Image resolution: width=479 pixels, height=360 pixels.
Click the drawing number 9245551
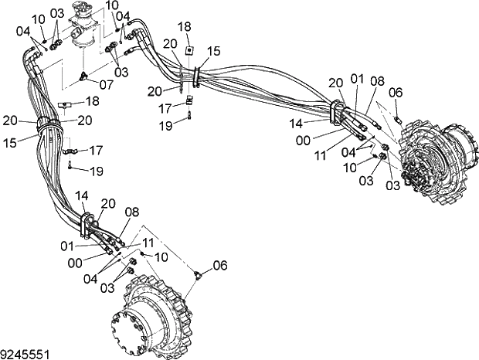[x=26, y=353]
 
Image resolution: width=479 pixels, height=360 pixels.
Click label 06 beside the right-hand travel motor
[x=396, y=92]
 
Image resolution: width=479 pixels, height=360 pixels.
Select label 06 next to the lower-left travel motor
[x=220, y=265]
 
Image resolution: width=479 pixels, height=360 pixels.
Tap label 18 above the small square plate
[x=184, y=26]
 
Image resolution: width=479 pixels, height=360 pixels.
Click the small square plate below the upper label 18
[x=189, y=52]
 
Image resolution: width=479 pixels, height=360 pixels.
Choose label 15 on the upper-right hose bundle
[x=213, y=50]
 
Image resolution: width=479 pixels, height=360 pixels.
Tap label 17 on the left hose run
[x=96, y=149]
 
